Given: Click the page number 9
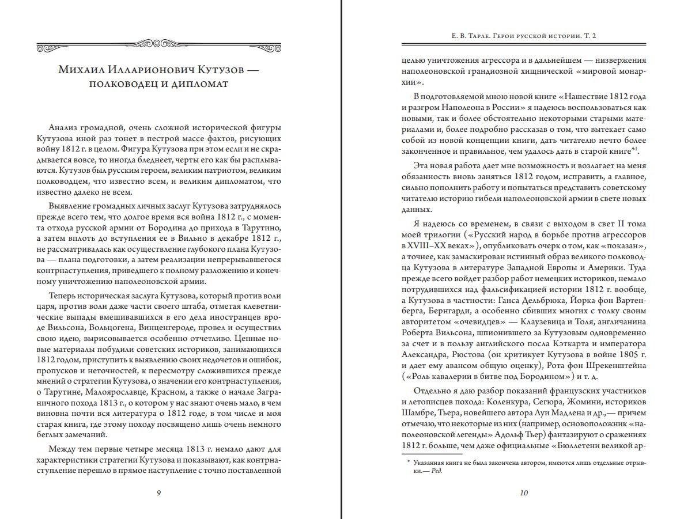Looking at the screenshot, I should pos(158,493).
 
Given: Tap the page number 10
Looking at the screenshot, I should pos(524,493).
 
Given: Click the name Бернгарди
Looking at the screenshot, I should pos(426,310).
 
